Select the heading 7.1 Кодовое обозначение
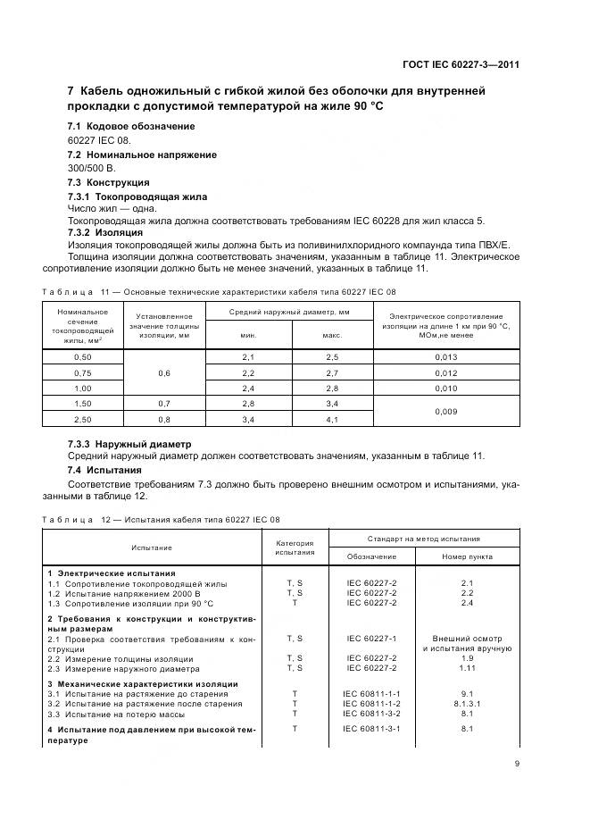pos(119,127)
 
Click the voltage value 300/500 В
pos(91,168)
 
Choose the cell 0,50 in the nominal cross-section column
pos(82,357)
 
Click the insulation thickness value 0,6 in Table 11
pos(163,372)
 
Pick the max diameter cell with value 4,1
pos(332,419)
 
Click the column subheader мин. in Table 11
pos(248,336)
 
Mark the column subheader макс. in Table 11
pos(332,336)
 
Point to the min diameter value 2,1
pos(248,357)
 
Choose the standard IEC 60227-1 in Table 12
pos(371,639)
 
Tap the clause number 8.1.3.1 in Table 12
pos(466,703)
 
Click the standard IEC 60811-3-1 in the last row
pos(371,729)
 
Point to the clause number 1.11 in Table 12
pos(466,667)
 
